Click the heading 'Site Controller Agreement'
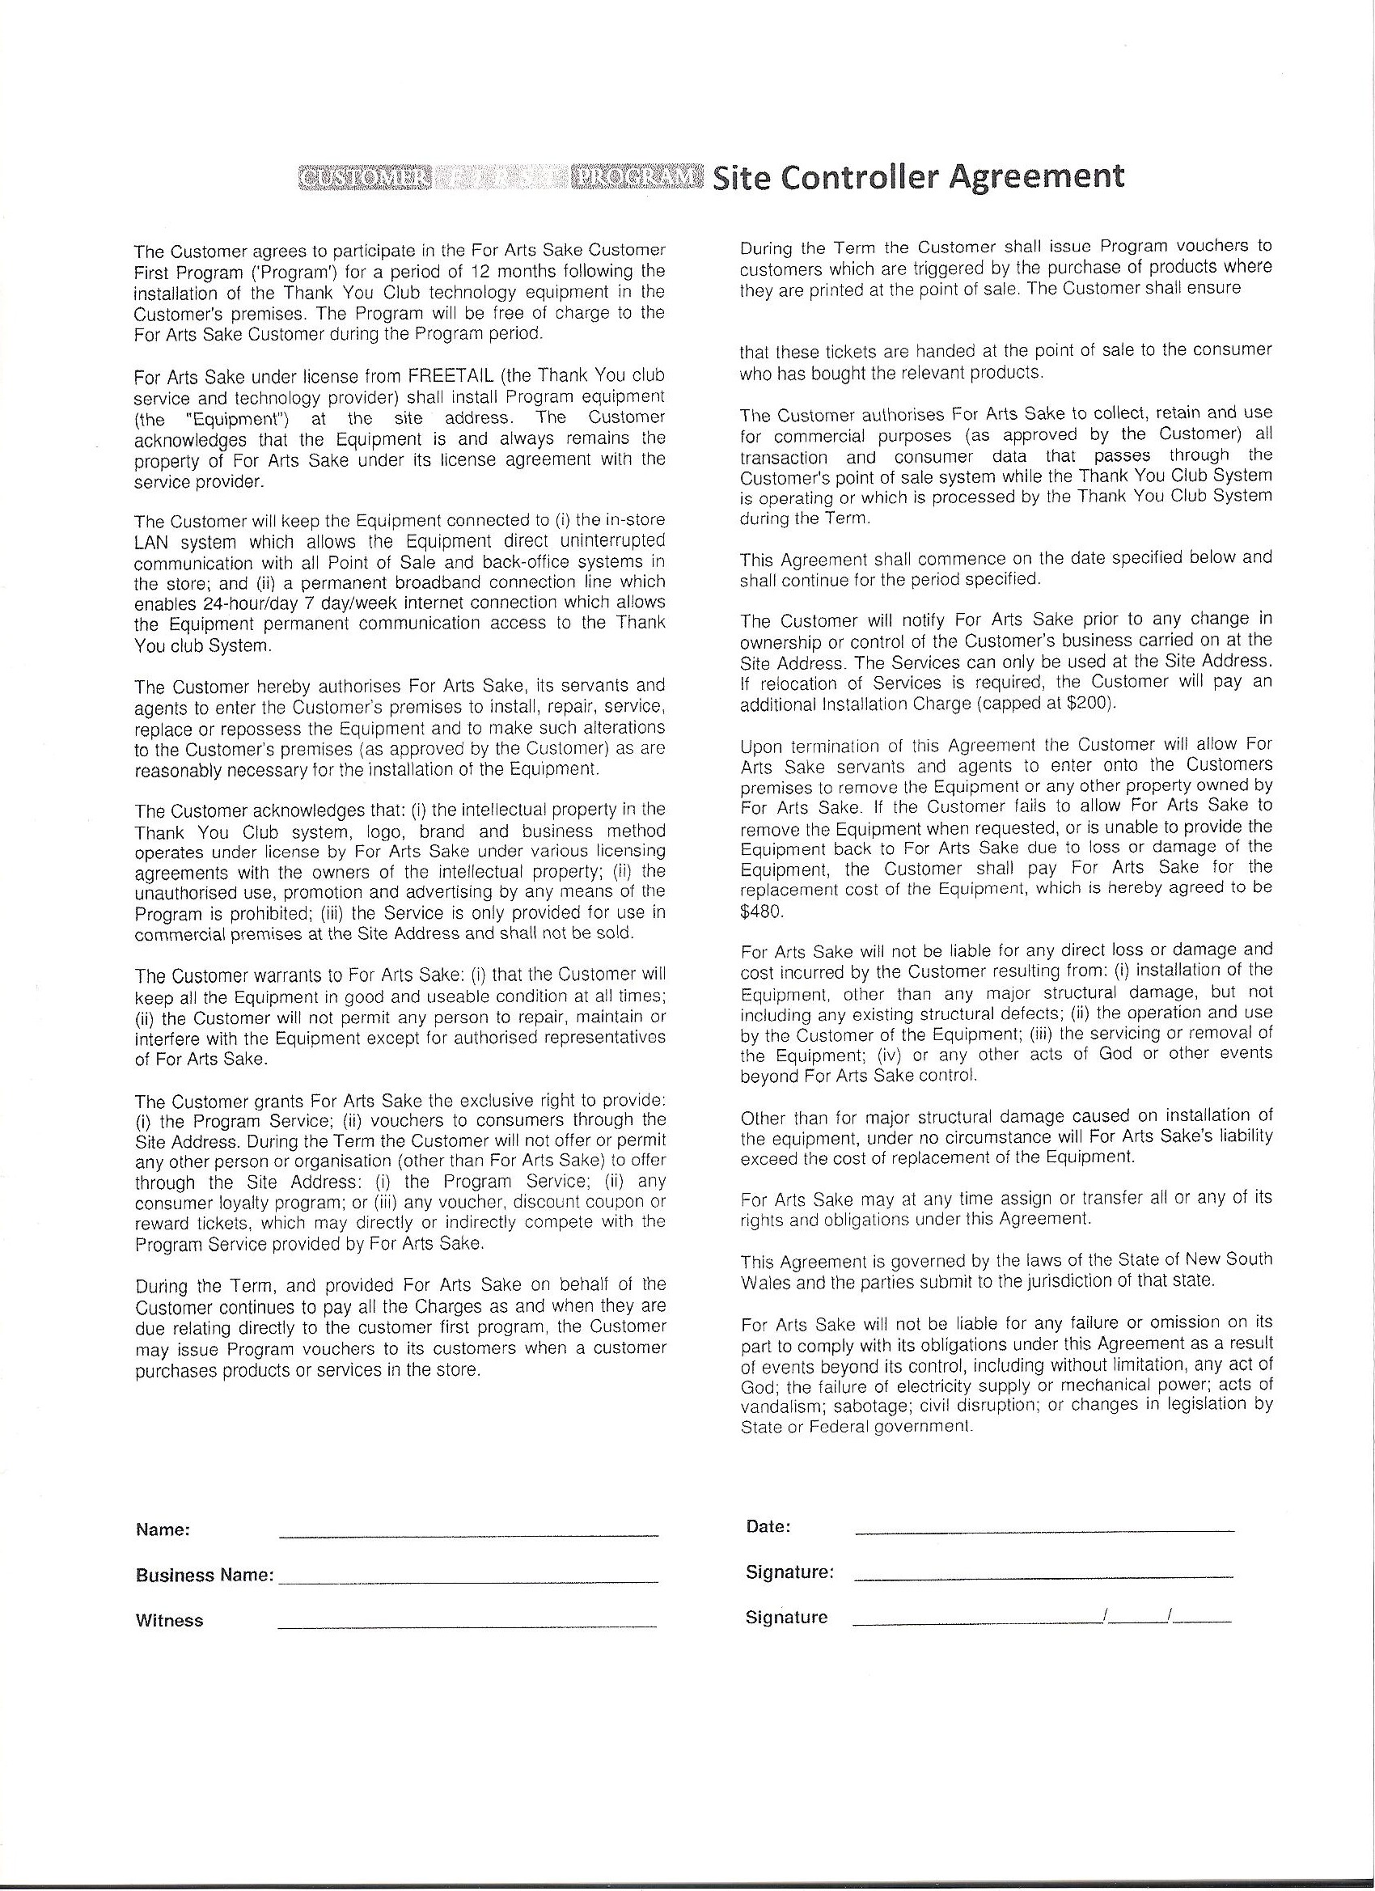pos(918,177)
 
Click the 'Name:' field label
pos(163,1530)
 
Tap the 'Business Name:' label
pos(205,1576)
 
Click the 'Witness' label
pos(169,1621)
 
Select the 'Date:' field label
pos(768,1527)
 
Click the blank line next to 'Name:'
pos(467,1535)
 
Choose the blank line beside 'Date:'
pos(1044,1532)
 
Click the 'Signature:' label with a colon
pos(789,1572)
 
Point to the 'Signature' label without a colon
pos(786,1618)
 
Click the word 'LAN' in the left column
pos(151,542)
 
